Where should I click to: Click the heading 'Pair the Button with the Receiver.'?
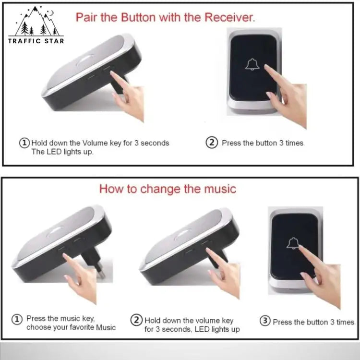[x=165, y=18]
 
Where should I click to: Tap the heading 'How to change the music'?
[x=168, y=189]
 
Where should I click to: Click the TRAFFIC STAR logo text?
[x=36, y=41]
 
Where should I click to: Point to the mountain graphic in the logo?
[x=36, y=22]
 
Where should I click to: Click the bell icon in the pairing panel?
[x=252, y=64]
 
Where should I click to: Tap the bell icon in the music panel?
[x=293, y=243]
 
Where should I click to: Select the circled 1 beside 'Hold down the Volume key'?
[x=24, y=143]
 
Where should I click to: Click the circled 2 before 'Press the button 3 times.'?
[x=212, y=143]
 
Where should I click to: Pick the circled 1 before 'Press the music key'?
[x=17, y=319]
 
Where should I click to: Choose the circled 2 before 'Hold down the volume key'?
[x=137, y=320]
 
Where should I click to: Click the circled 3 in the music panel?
[x=265, y=322]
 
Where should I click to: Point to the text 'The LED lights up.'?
[x=62, y=152]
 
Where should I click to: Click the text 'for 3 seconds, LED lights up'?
[x=192, y=329]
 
